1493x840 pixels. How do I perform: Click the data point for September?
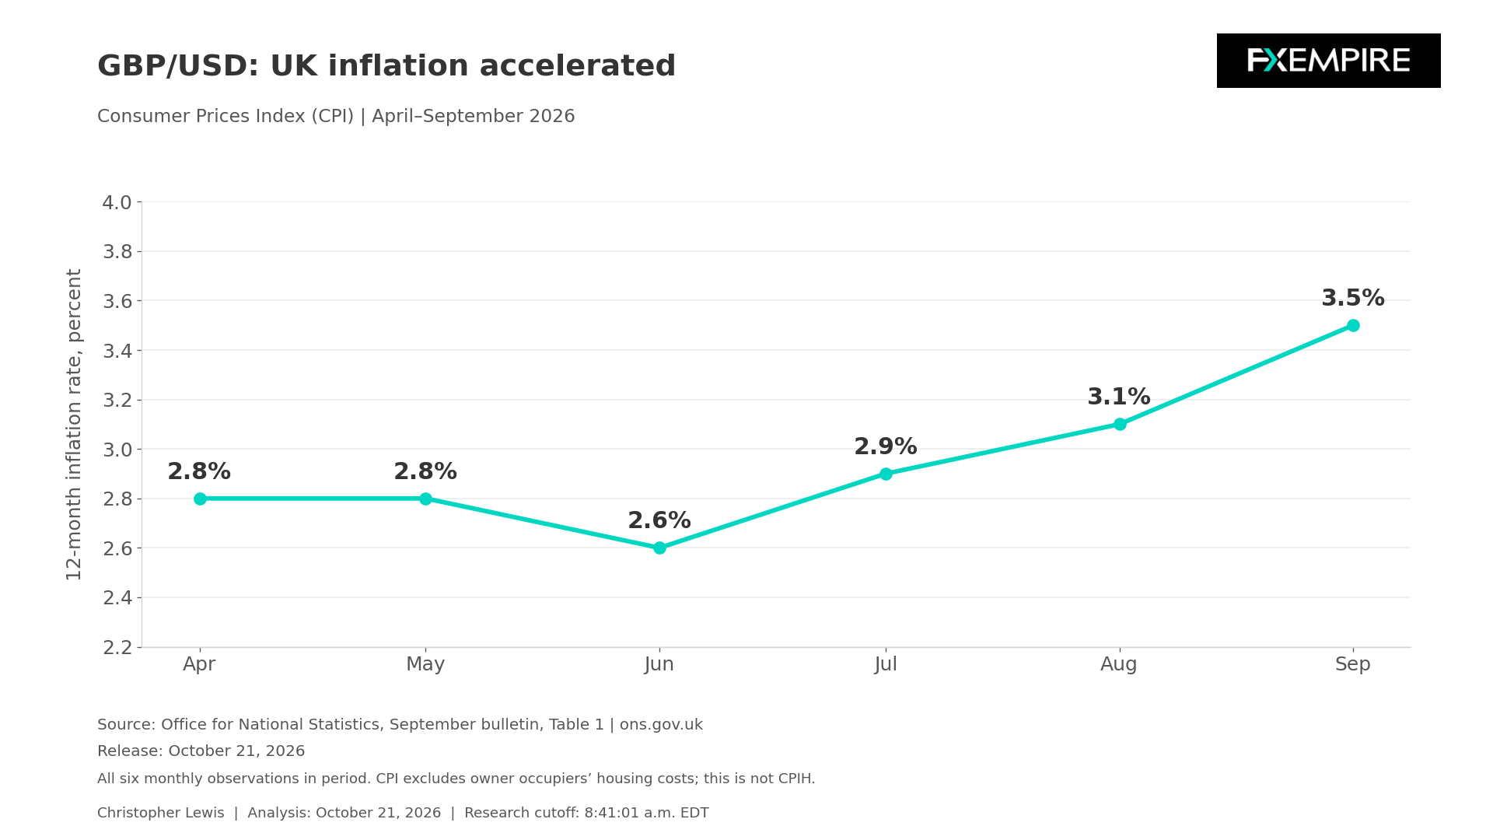tap(1353, 325)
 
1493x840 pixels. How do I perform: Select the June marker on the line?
tap(659, 548)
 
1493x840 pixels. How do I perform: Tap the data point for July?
tap(886, 474)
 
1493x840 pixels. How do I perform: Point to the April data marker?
tap(200, 499)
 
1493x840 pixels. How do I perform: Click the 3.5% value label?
tap(1353, 299)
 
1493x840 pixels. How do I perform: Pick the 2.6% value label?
tap(659, 521)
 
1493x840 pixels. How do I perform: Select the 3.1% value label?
tap(1119, 397)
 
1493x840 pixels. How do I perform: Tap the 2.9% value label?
tap(886, 447)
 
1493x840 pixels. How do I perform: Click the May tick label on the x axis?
tap(425, 665)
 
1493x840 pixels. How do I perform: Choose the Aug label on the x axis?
tap(1119, 665)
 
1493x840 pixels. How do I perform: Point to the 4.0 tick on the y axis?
tap(117, 203)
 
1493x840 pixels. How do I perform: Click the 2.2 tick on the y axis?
tap(117, 647)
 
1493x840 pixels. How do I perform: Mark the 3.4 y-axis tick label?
tap(117, 351)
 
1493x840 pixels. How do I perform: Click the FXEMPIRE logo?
tap(1328, 61)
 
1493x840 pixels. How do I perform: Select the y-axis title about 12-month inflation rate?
tap(74, 425)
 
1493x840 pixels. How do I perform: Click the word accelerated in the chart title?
tap(578, 66)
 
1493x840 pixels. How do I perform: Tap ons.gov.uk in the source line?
tap(661, 725)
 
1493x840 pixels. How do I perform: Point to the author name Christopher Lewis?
tap(160, 813)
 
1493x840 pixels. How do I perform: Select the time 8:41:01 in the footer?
tap(611, 813)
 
